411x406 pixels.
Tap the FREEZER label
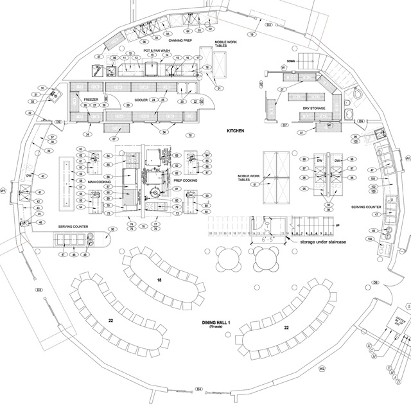[91, 100]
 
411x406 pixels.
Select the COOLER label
[141, 100]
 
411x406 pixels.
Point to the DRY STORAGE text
[315, 109]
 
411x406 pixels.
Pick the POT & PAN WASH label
[156, 49]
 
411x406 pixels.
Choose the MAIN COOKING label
[100, 182]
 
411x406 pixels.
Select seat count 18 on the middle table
[159, 281]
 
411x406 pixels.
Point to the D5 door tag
[376, 282]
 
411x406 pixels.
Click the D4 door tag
[200, 389]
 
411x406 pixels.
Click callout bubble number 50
[112, 229]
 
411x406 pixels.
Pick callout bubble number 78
[190, 136]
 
